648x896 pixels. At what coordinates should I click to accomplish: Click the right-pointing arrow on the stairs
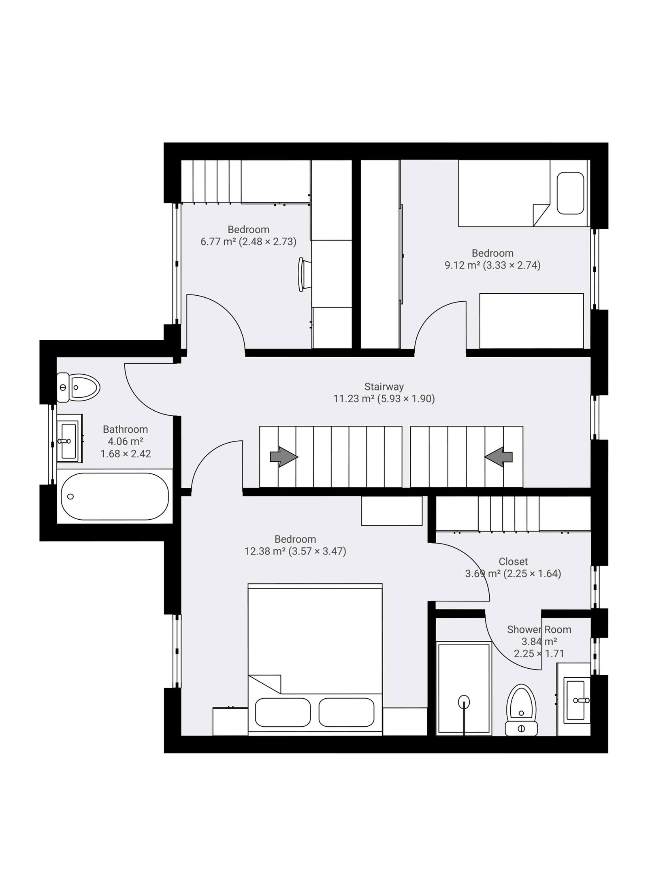tap(284, 457)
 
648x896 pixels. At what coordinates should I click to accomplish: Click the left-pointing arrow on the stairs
tap(498, 457)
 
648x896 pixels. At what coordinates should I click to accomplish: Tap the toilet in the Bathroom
tap(78, 388)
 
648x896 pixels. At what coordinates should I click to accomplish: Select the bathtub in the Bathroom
tap(115, 496)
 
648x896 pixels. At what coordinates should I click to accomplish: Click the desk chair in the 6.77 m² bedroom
tap(304, 274)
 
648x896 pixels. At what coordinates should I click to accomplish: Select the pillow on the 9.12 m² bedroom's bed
tap(570, 193)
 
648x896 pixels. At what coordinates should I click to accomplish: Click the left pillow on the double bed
tap(283, 712)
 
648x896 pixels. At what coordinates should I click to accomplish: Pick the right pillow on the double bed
tap(346, 712)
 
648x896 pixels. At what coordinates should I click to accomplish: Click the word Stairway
tap(384, 386)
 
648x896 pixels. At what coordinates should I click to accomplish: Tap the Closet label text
tap(513, 561)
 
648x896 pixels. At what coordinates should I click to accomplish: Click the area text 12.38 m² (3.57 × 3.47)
tap(295, 551)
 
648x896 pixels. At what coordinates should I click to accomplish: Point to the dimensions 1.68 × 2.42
tap(126, 454)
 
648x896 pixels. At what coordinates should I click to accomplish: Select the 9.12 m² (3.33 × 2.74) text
tap(492, 265)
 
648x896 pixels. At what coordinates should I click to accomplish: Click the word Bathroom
tap(125, 429)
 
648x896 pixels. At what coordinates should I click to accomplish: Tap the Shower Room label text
tap(539, 629)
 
